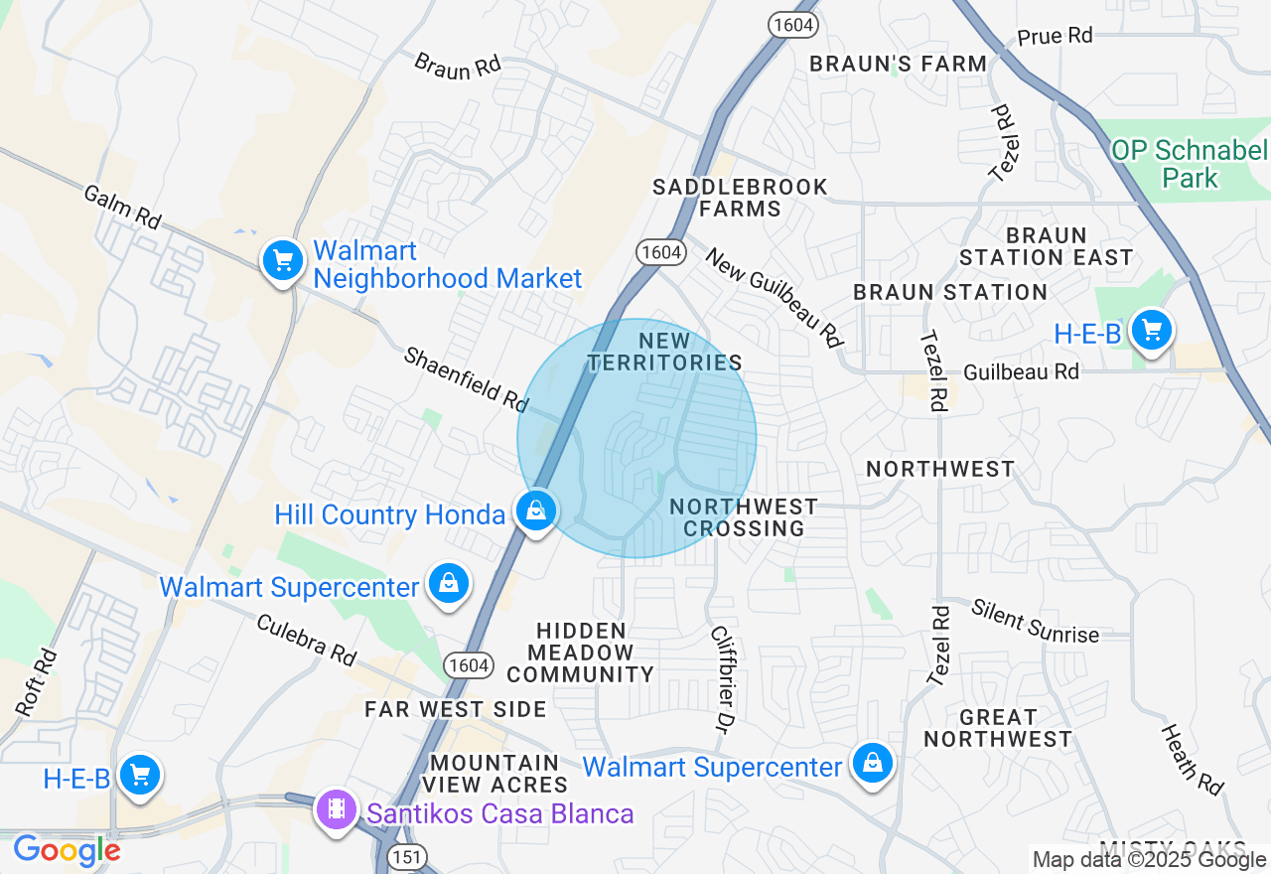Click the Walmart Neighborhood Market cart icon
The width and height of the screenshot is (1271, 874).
[x=283, y=261]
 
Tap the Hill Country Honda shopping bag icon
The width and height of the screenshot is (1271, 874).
[x=536, y=512]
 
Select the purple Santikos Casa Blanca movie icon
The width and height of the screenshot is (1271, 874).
[x=338, y=808]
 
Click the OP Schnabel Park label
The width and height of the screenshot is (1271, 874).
[x=1190, y=164]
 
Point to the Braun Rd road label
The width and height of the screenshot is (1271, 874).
[x=458, y=66]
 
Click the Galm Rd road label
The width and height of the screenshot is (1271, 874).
[x=123, y=207]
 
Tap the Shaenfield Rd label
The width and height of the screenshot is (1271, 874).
[x=466, y=378]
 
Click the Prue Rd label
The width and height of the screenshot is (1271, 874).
[x=1055, y=37]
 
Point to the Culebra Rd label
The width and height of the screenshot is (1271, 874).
[x=306, y=639]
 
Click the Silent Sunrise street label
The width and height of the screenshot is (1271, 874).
[x=1036, y=621]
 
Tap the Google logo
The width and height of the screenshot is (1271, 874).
[x=67, y=851]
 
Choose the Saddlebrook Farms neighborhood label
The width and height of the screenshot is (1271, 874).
[x=740, y=198]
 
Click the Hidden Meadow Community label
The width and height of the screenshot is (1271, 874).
[x=581, y=653]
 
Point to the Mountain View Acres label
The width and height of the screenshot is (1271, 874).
[x=495, y=774]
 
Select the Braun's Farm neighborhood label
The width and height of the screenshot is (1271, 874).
[x=898, y=64]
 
